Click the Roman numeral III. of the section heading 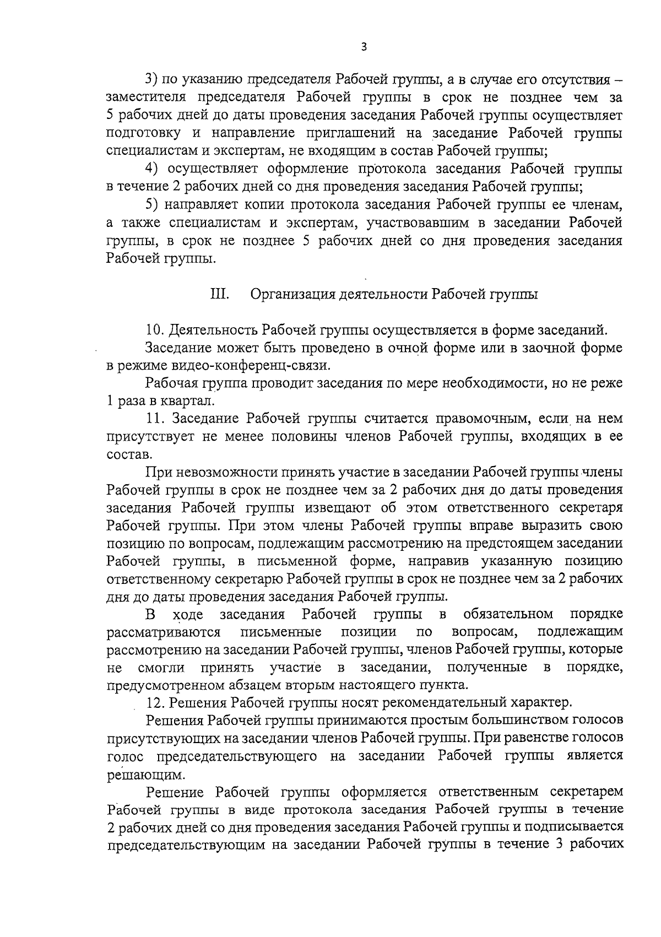click(x=220, y=294)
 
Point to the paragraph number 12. click(x=156, y=703)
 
